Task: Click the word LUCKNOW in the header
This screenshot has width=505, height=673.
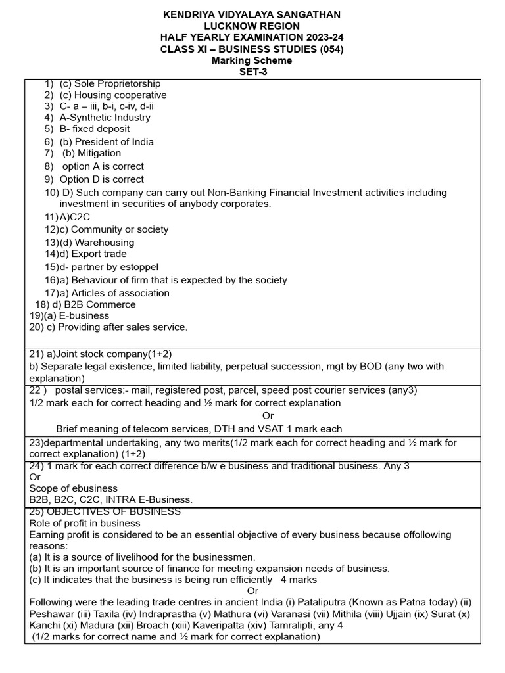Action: (232, 26)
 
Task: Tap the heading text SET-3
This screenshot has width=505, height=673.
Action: (252, 72)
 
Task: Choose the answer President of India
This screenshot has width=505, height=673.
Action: (114, 141)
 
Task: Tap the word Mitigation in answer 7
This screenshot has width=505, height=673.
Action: (99, 153)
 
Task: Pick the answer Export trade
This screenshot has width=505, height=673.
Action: (99, 254)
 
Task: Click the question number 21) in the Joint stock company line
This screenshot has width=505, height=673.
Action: (37, 354)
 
